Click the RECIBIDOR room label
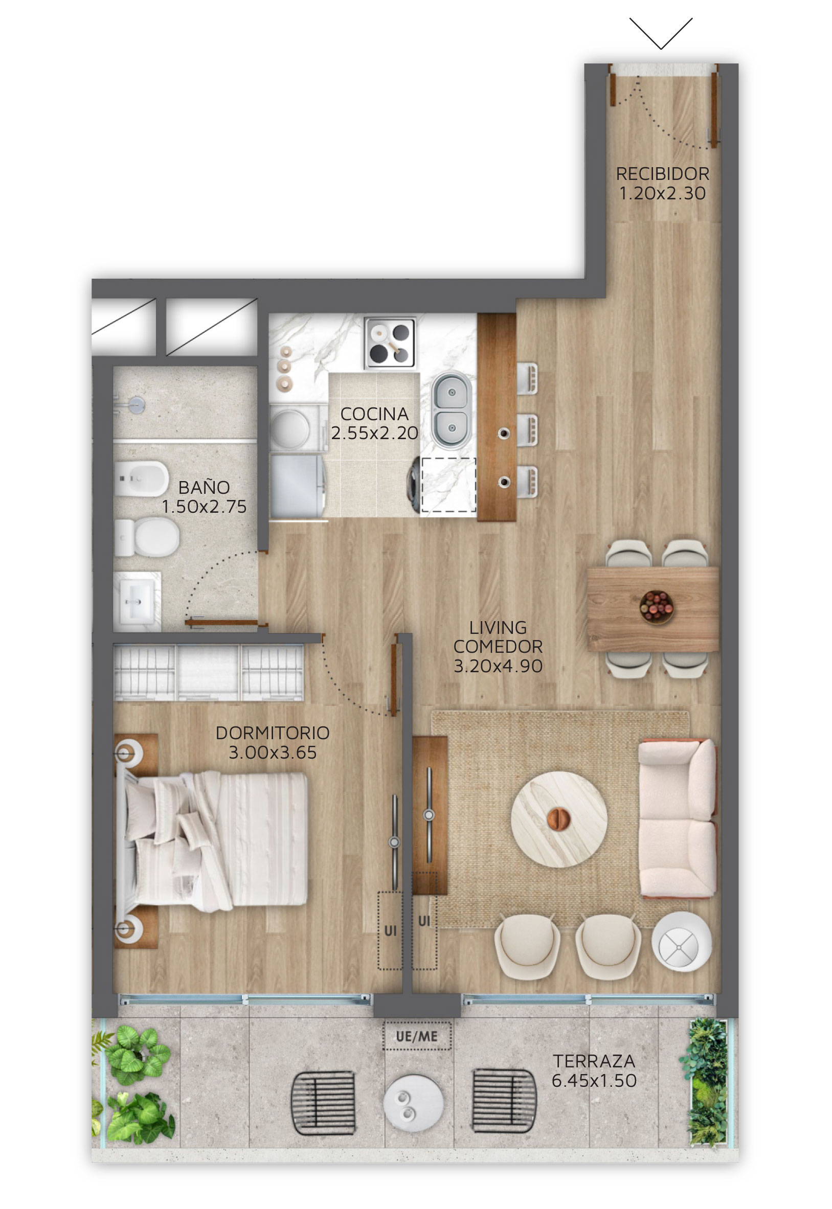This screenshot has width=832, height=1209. (662, 173)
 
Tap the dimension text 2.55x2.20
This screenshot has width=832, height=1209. (374, 433)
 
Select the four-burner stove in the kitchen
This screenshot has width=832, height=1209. (390, 343)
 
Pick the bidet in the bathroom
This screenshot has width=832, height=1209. (141, 478)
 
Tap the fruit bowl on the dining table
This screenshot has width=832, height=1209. (656, 607)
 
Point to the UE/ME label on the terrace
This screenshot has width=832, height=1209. (417, 1037)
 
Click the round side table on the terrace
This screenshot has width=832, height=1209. (413, 1103)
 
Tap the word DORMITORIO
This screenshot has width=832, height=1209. (273, 733)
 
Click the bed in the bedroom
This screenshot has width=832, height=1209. (211, 841)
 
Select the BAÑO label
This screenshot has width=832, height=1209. (204, 487)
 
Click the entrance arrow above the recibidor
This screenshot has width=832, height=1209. (661, 33)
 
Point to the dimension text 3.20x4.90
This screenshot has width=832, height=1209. (498, 666)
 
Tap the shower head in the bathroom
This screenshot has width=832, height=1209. (136, 405)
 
